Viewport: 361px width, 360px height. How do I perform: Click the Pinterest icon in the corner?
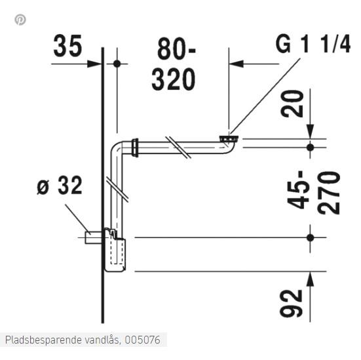pos(20,20)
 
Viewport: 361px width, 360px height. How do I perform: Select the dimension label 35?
pos(67,47)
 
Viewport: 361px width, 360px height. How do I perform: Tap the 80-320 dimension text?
pos(174,64)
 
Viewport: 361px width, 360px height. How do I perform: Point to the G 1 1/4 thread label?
pos(313,44)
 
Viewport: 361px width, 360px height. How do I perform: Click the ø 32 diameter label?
pos(60,186)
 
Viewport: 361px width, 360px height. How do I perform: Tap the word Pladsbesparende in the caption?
pos(41,340)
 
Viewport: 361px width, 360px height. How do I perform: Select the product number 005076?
pos(143,340)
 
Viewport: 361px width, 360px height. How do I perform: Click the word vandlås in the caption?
pos(102,340)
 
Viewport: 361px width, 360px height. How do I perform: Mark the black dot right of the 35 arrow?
pos(117,64)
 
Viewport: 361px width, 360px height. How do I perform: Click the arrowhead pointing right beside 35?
pos(96,64)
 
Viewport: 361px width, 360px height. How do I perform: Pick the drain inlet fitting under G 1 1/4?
pos(229,139)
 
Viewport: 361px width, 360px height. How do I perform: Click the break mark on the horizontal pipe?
pos(178,147)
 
